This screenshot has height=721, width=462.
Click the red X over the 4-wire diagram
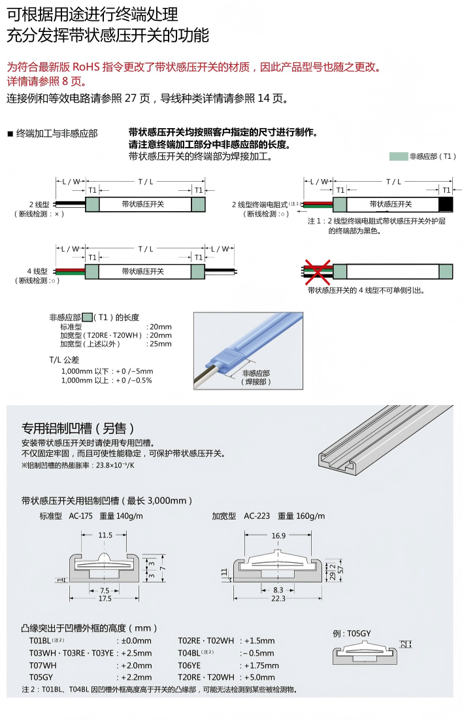tap(319, 271)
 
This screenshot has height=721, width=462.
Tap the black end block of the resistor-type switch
tap(446, 204)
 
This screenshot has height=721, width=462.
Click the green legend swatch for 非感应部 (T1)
tap(398, 156)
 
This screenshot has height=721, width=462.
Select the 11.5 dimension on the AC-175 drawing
tap(105, 535)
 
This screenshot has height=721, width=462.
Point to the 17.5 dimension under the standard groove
tap(105, 598)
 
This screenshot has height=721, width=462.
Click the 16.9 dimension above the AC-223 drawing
tap(278, 535)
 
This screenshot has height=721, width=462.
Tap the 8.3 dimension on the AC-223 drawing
tap(278, 589)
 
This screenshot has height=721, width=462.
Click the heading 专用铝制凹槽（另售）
tap(78, 428)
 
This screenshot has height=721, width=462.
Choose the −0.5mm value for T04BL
tap(256, 653)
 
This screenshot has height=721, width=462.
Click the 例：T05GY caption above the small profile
tap(352, 633)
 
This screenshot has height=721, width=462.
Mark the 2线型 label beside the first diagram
tap(39, 204)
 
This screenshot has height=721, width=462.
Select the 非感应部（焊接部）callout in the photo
tap(256, 377)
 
